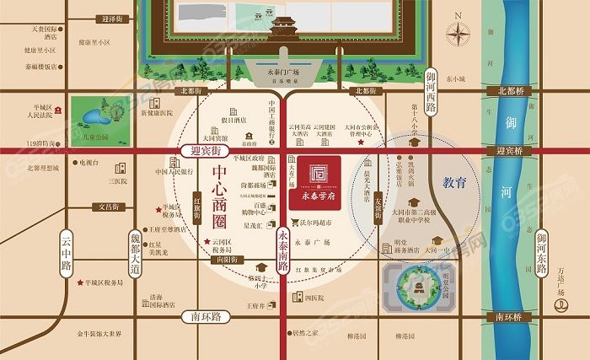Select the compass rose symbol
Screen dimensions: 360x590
459,35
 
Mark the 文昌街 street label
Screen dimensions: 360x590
113,205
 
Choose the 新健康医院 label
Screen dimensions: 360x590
157,113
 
